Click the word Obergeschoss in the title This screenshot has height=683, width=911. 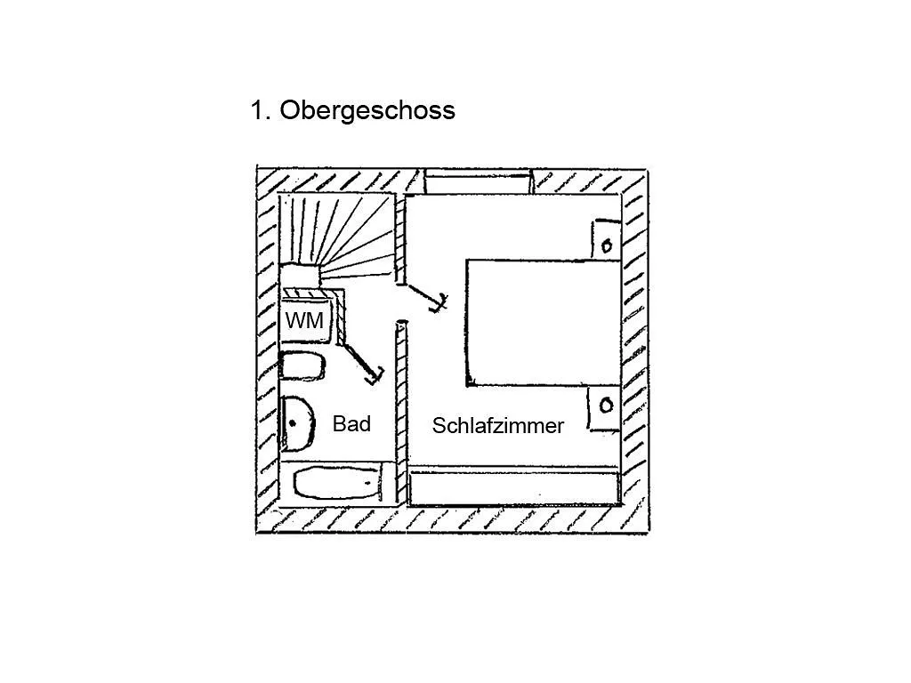point(367,110)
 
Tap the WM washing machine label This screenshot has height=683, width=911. point(304,320)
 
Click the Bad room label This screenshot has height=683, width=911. point(351,423)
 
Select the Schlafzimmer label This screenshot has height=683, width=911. point(498,426)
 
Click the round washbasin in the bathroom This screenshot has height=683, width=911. point(297,423)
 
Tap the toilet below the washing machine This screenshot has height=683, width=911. point(302,366)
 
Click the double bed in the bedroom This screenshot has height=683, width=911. point(544,322)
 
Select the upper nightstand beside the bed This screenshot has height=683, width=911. point(606,238)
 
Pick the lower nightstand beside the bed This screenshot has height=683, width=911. point(604,408)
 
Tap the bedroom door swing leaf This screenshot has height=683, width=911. point(424,296)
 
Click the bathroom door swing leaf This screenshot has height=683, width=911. point(363,361)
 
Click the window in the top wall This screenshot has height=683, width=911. point(479,181)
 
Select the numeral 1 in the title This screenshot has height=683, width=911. point(257,110)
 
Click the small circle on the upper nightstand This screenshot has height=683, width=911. point(607,245)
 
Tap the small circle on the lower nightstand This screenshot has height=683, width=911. point(606,405)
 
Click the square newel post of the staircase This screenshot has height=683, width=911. point(301,277)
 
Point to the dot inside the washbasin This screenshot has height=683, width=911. point(292,423)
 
